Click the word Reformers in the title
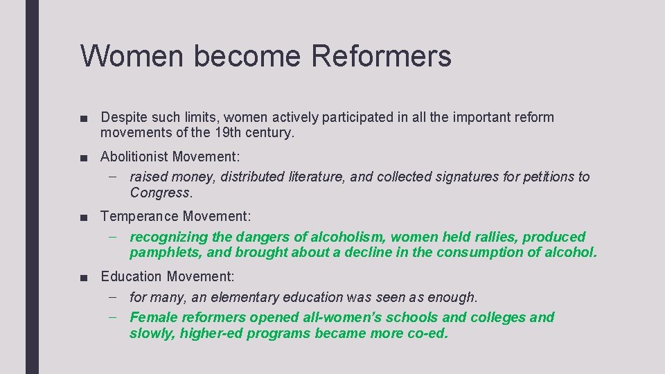(x=381, y=56)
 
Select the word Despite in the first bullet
(x=123, y=117)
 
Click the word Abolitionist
(x=134, y=157)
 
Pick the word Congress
(x=160, y=193)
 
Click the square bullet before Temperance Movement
(x=84, y=217)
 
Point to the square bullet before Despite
(x=84, y=118)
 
